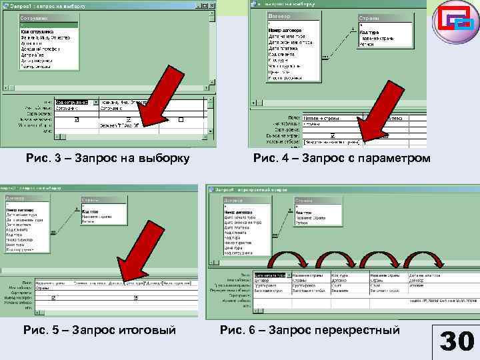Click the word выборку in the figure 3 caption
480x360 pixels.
(x=159, y=158)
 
